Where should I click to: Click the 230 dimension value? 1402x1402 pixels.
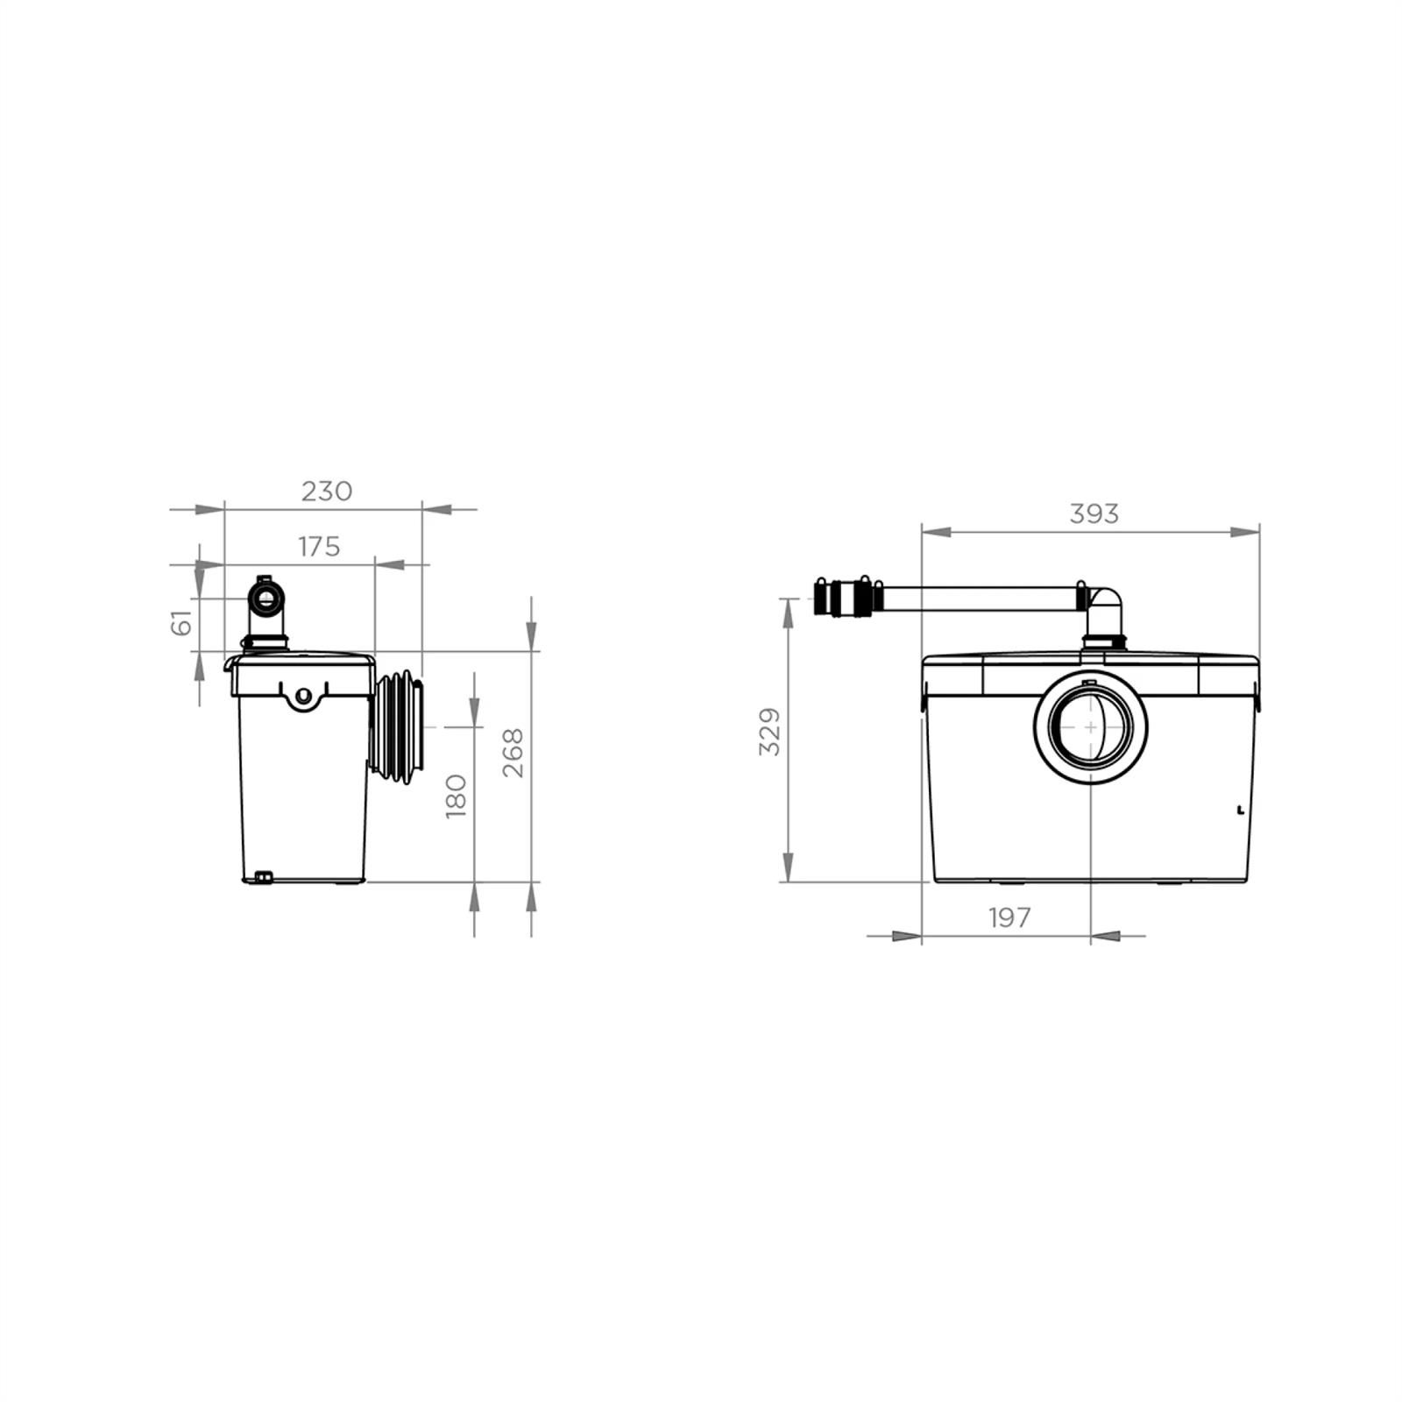(327, 492)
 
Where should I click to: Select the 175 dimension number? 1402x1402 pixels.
(318, 547)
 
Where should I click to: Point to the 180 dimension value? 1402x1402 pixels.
(456, 795)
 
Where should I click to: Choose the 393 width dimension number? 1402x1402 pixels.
(1094, 513)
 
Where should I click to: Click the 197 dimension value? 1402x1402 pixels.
(1009, 917)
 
